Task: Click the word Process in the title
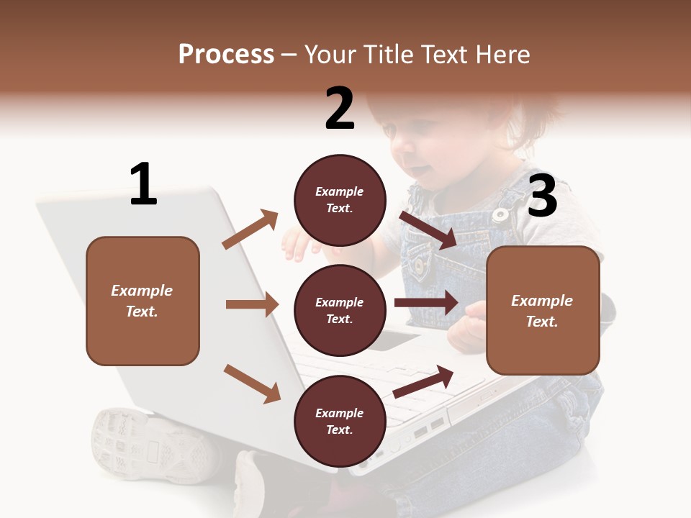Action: click(226, 55)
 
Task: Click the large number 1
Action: click(143, 184)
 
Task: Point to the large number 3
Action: click(542, 196)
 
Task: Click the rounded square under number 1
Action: click(143, 301)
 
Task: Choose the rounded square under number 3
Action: click(543, 311)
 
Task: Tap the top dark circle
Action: click(339, 200)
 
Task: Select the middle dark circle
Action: click(339, 310)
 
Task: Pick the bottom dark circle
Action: click(339, 422)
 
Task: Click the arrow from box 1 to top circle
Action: click(250, 230)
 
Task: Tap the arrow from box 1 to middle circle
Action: click(252, 304)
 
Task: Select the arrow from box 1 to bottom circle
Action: click(252, 383)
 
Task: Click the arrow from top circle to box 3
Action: click(428, 230)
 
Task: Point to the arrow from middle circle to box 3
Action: click(426, 302)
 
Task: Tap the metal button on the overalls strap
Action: click(500, 214)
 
